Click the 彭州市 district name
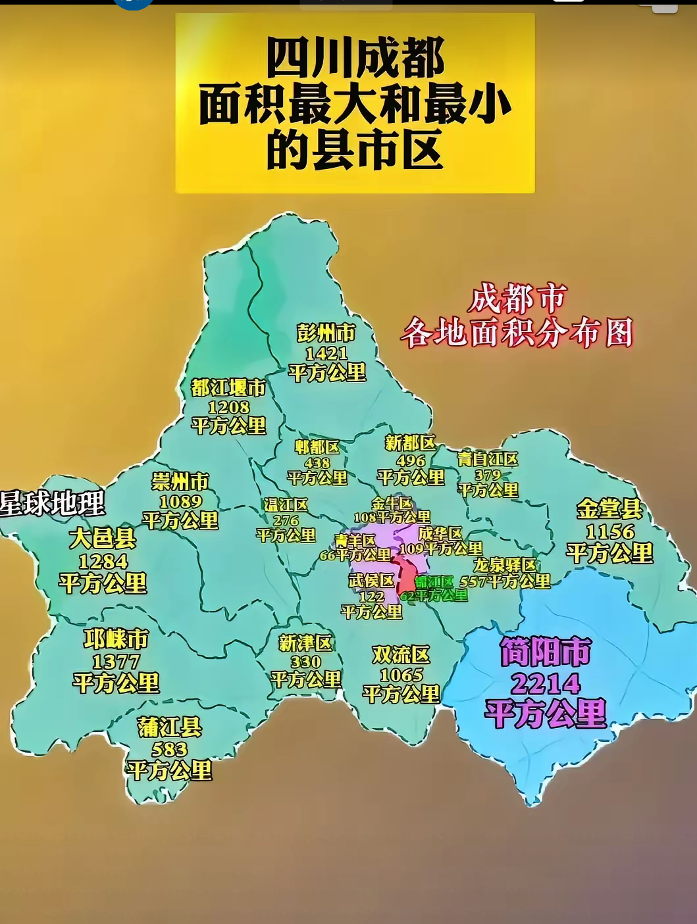[326, 333]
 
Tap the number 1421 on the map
[326, 353]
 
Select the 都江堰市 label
[228, 387]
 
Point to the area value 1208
[228, 407]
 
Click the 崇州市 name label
[180, 481]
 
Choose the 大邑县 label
[103, 539]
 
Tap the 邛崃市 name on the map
[116, 639]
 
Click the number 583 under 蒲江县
[169, 749]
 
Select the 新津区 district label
[305, 643]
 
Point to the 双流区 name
[401, 654]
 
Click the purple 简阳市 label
[545, 652]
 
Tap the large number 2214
[545, 684]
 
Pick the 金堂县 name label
[609, 509]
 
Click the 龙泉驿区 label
[505, 565]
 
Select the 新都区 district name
[410, 443]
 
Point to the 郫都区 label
[317, 447]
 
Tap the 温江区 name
[286, 504]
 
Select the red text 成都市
[517, 299]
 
